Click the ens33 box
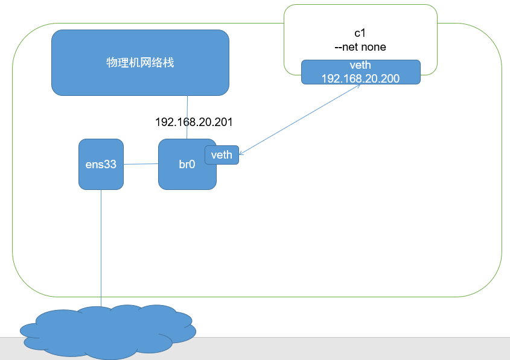pos(101,175)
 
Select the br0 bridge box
pos(181,178)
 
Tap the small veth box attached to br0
pos(222,155)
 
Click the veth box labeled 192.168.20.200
pos(360,72)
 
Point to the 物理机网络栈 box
pos(140,63)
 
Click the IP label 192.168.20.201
pos(194,122)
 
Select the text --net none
pos(360,46)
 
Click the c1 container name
pos(360,34)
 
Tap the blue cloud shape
pos(109,332)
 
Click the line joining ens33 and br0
pos(141,163)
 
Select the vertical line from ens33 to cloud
pos(101,247)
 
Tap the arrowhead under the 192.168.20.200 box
pos(358,86)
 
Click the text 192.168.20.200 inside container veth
pos(360,78)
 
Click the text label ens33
pos(101,163)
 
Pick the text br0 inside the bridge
pos(186,164)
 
